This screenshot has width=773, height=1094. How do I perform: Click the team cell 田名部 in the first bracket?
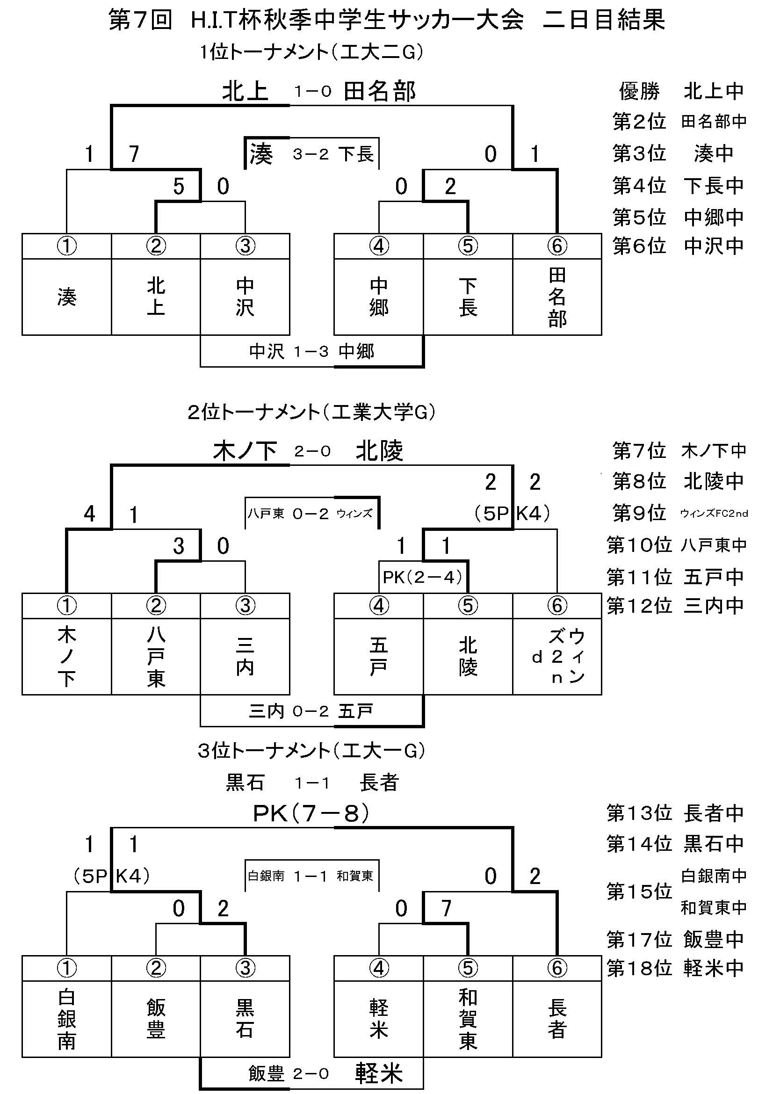557,297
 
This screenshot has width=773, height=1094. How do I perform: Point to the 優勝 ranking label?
639,91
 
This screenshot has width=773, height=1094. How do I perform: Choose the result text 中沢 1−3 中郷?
311,352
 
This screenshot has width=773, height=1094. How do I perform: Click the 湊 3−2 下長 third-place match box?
312,154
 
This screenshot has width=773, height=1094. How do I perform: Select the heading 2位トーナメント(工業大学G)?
312,412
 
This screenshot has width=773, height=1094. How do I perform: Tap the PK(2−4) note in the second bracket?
422,577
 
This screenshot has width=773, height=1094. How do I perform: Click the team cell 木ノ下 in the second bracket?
67,657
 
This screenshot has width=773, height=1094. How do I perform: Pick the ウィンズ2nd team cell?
557,657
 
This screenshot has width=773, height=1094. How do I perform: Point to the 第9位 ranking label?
639,513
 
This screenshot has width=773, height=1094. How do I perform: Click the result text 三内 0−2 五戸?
311,711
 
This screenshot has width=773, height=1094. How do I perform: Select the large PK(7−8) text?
311,814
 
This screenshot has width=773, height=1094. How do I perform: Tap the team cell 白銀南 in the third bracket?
67,1019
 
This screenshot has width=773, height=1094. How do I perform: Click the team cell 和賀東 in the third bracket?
468,1019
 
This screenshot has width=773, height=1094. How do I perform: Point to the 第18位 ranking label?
639,968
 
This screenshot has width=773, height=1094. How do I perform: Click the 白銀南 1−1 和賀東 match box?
312,876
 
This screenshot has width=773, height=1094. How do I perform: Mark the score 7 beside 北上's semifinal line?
134,154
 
